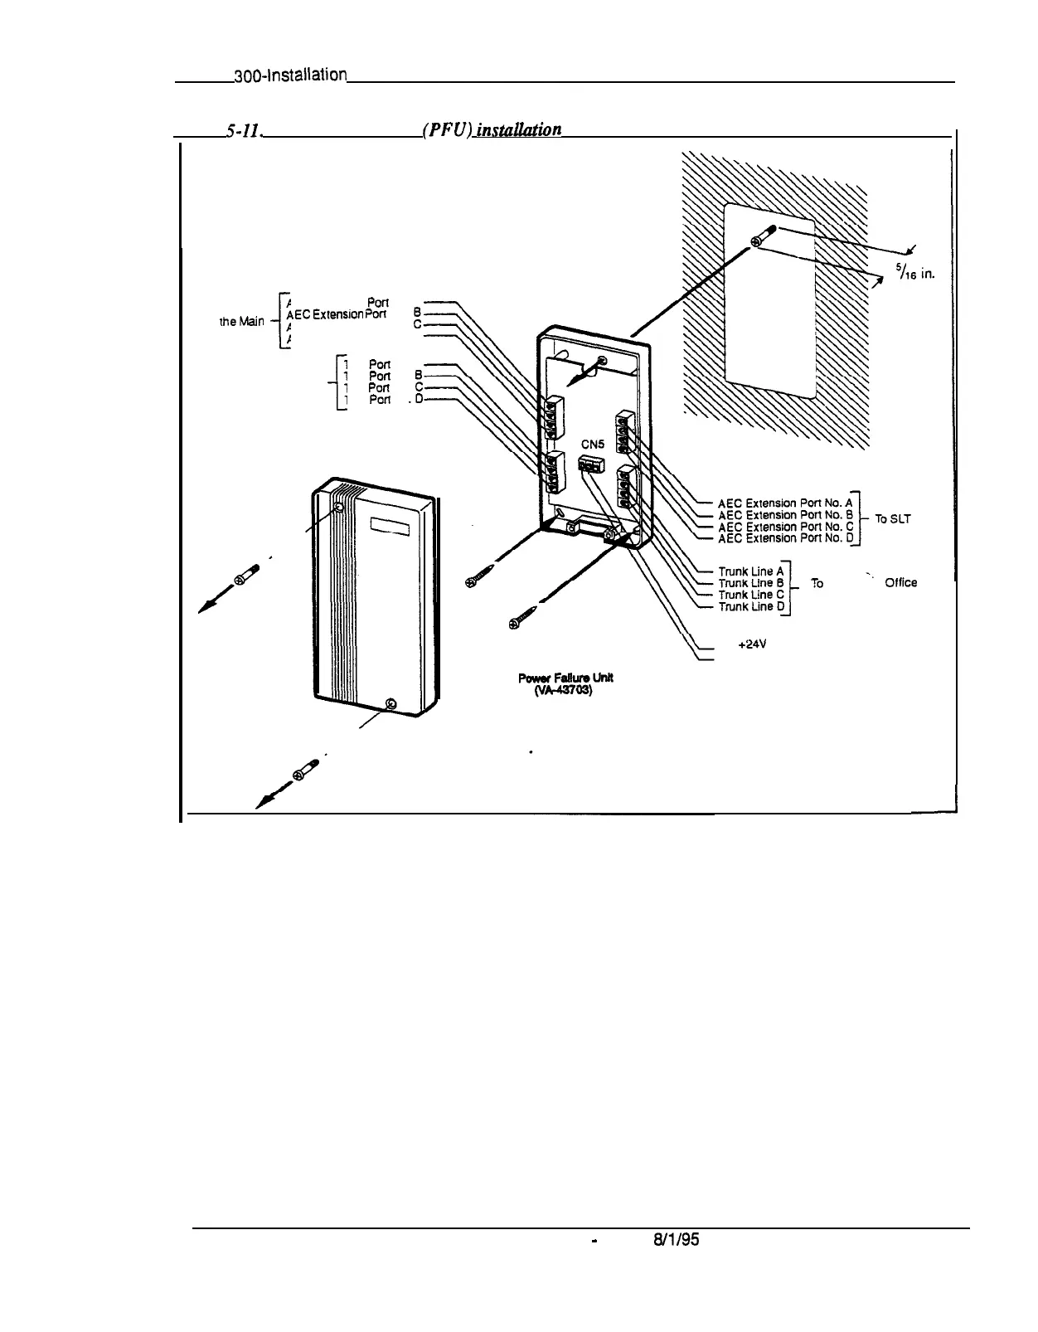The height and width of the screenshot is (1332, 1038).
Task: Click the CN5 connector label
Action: click(593, 444)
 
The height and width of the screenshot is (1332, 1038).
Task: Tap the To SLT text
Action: click(893, 519)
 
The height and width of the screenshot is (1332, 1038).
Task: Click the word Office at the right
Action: click(900, 582)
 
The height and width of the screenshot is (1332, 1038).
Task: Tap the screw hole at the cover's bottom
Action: click(390, 705)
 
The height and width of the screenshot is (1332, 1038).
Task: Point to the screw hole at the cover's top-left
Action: click(338, 505)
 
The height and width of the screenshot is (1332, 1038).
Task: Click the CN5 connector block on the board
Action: click(590, 467)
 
